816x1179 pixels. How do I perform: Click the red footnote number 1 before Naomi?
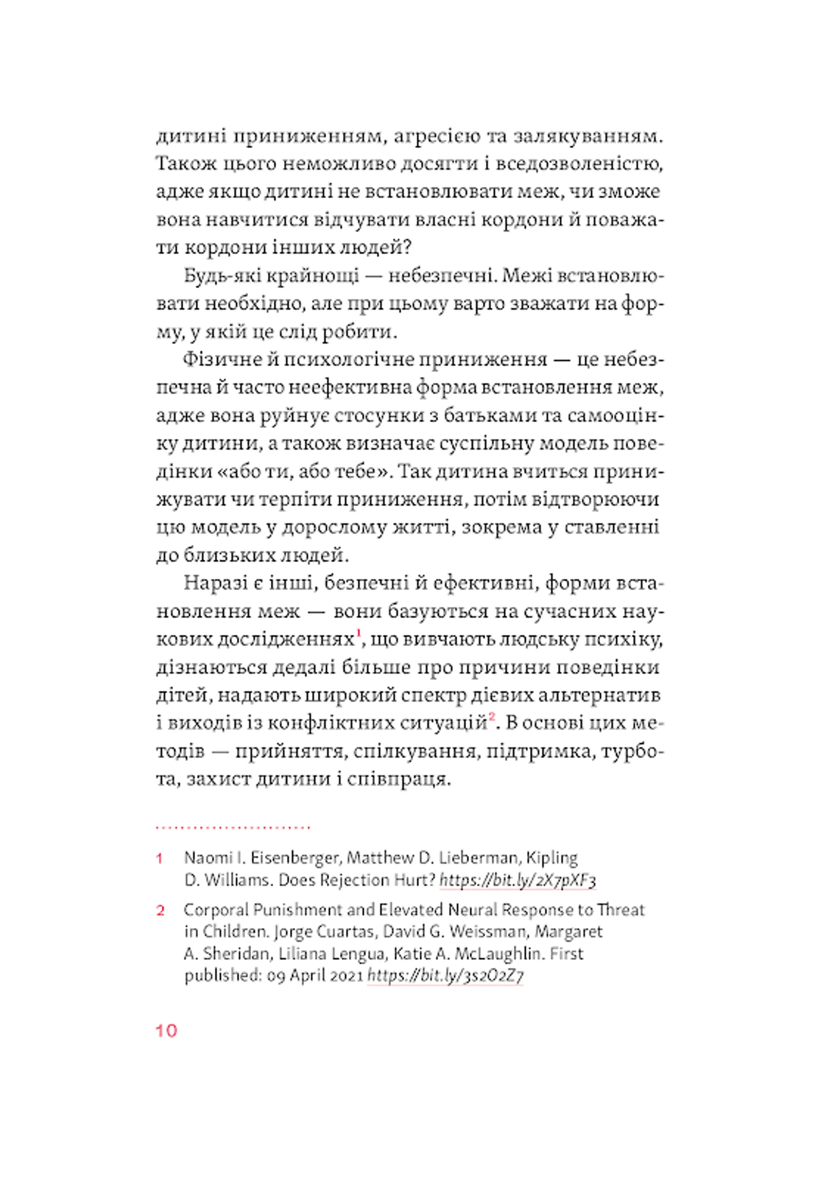tap(160, 859)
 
